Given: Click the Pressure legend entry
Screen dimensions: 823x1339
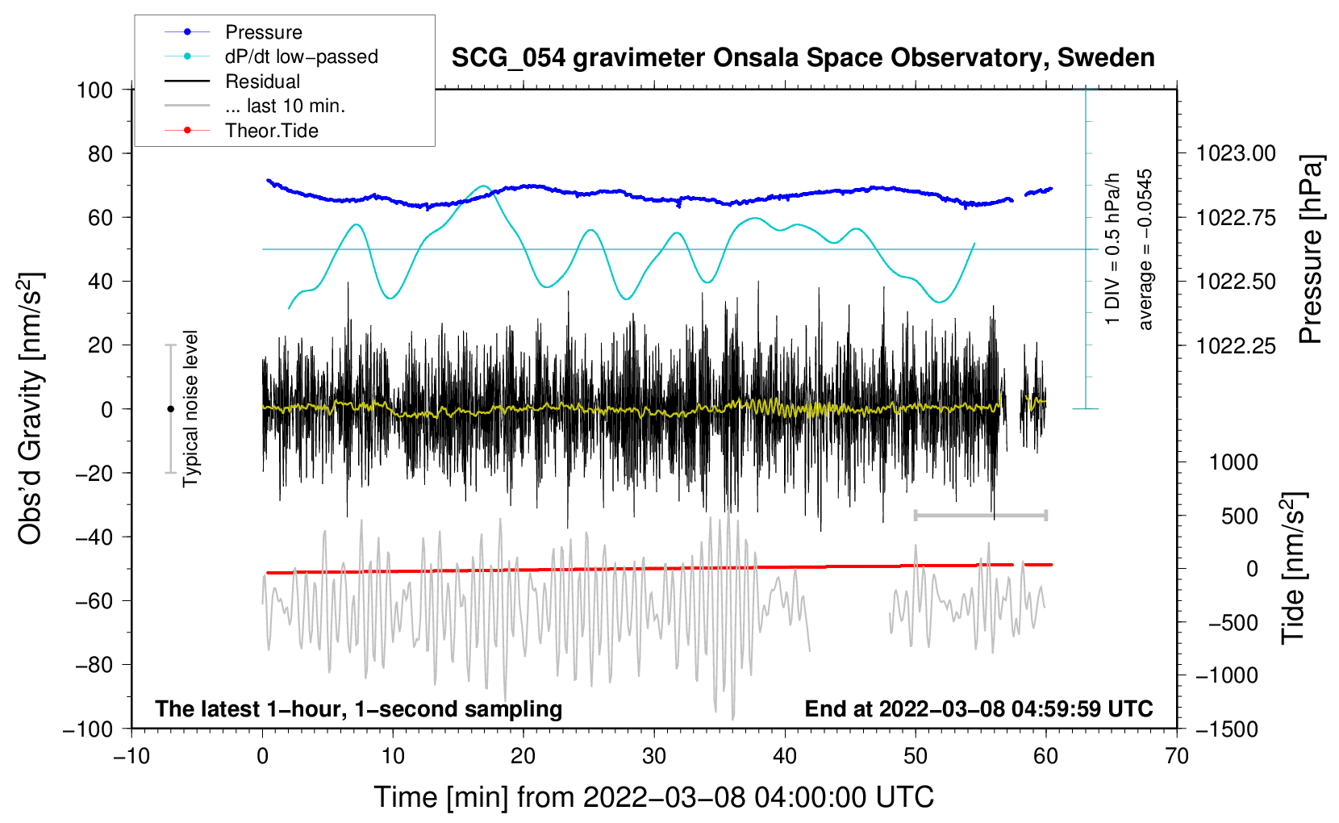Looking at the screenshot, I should click(x=263, y=32).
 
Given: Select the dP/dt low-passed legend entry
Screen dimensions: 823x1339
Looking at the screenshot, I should click(x=301, y=56).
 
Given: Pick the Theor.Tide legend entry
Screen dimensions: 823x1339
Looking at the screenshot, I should click(x=271, y=131).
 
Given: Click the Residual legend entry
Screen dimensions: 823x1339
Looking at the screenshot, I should click(x=262, y=81).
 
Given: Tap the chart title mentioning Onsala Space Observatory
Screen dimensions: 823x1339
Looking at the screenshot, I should click(x=803, y=58).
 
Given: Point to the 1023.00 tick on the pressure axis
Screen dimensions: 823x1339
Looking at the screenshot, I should click(x=1236, y=153).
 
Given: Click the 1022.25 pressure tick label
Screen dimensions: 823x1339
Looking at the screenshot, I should click(x=1236, y=346).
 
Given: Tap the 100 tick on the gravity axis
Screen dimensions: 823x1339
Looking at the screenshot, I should click(x=94, y=90).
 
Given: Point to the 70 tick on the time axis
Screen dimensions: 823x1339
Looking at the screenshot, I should click(x=1177, y=756).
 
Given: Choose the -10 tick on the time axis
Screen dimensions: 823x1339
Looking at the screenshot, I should click(x=131, y=756).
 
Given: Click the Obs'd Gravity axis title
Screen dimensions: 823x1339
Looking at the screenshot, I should click(x=30, y=408).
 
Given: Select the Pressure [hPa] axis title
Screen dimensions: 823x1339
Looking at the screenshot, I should click(x=1312, y=250).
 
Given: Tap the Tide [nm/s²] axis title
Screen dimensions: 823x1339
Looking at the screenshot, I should click(x=1293, y=568).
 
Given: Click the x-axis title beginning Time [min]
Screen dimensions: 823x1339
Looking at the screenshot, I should click(x=653, y=797).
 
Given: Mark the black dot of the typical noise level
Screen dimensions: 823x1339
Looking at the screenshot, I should click(x=170, y=409).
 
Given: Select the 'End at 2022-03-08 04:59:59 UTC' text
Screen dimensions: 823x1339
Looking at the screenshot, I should click(x=978, y=709).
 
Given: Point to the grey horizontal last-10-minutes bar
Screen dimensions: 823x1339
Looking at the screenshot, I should click(x=980, y=515).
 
